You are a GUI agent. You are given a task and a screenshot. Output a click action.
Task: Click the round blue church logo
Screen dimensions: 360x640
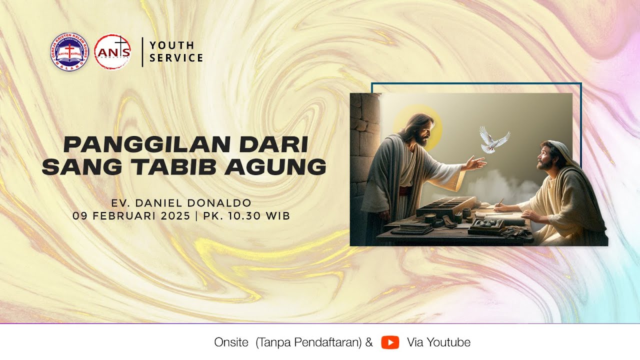pyautogui.click(x=69, y=52)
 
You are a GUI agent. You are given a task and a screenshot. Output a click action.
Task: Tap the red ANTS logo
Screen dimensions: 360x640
pyautogui.click(x=112, y=52)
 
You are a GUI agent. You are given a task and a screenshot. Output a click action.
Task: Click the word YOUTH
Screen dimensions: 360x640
pyautogui.click(x=172, y=45)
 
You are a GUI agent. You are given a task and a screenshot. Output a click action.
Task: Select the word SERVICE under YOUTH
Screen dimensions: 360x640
pyautogui.click(x=176, y=58)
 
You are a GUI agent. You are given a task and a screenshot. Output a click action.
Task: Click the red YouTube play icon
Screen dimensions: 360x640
pyautogui.click(x=390, y=342)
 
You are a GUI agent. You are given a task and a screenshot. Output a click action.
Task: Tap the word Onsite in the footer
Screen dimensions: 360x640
pyautogui.click(x=231, y=342)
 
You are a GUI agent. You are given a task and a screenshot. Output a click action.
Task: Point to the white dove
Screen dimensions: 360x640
pyautogui.click(x=493, y=138)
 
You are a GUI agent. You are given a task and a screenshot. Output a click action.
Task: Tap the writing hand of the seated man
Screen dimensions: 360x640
pyautogui.click(x=500, y=207)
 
